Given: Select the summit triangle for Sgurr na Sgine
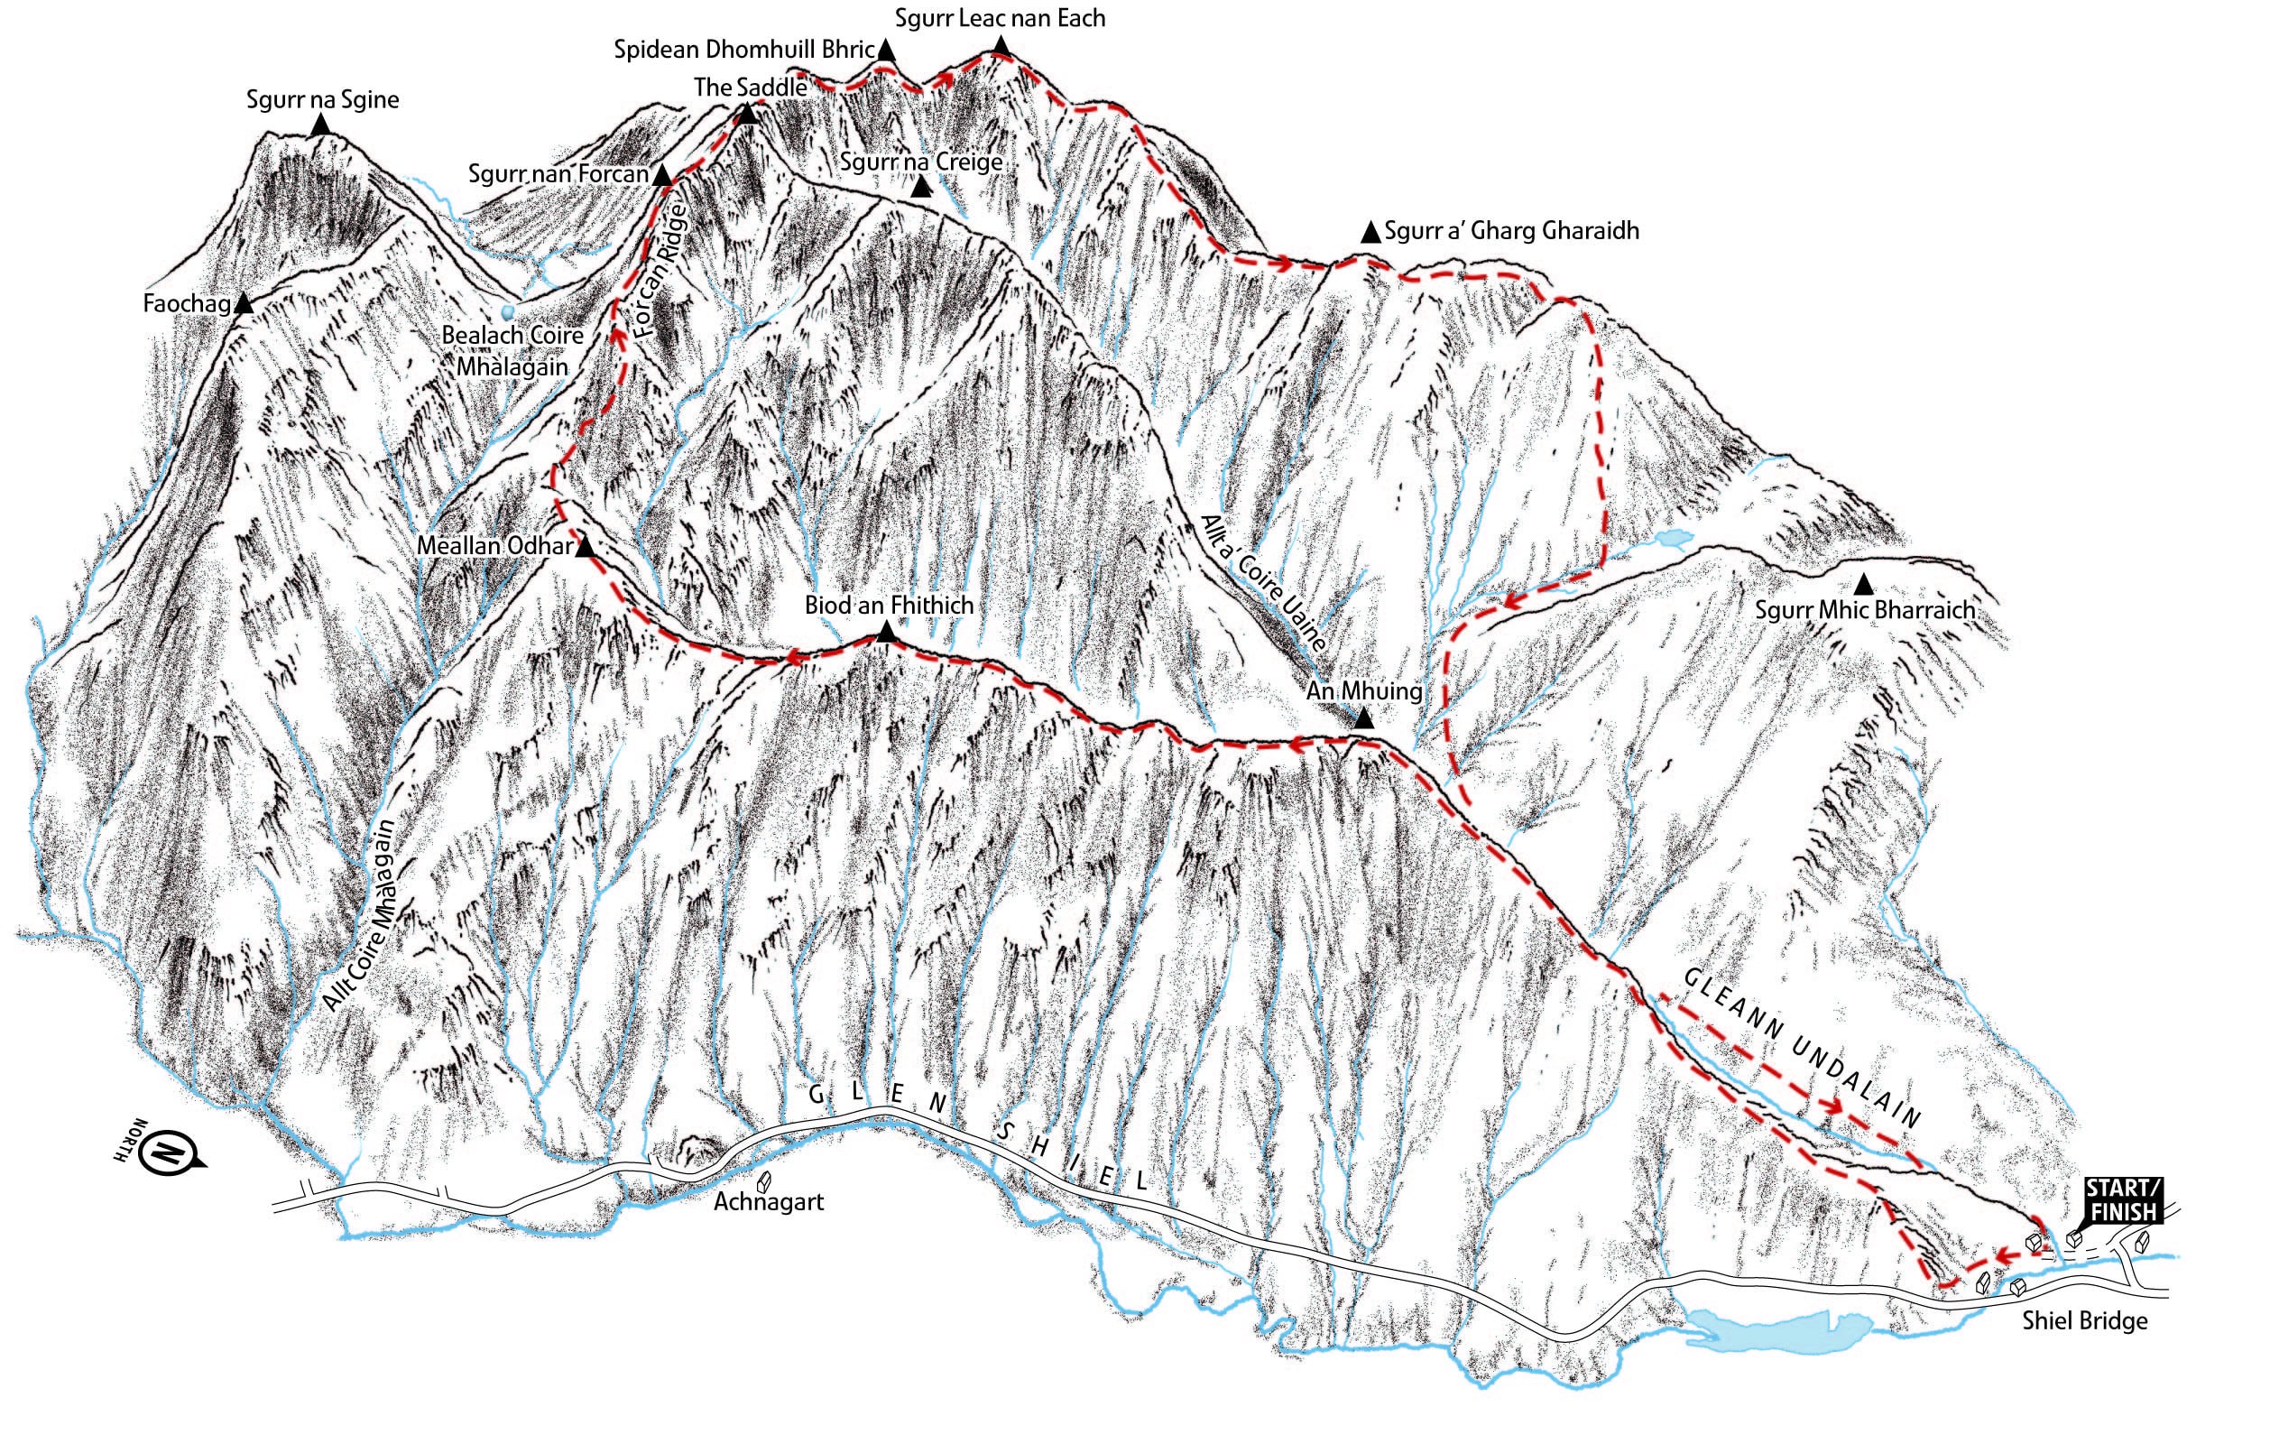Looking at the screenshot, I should coord(321,125).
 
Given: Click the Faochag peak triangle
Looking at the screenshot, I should coord(244,304).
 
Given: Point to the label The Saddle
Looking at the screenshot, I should coord(751,88).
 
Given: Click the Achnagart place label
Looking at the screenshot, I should coord(769,1202).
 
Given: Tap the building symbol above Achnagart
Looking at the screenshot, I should coord(764,1180).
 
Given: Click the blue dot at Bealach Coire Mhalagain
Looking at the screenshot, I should coord(509,310).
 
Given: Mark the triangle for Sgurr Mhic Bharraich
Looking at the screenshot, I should coord(1864,584).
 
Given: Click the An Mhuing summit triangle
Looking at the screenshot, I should coord(1364,719).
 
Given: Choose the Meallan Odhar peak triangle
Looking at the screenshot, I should coord(585,547).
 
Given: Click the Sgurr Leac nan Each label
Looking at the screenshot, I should coord(1000,18).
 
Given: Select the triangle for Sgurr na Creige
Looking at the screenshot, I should coord(921,188).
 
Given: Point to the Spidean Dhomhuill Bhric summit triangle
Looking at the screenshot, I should coord(885,51).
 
